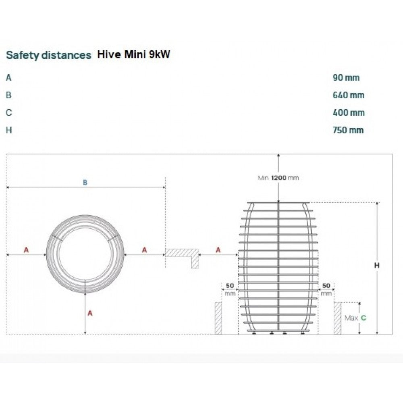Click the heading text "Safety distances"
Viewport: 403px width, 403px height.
tap(49, 55)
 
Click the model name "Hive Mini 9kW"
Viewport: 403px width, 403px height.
tap(134, 54)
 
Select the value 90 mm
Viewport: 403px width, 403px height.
tap(346, 78)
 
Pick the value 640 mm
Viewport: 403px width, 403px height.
tap(349, 95)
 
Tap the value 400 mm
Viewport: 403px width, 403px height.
tap(349, 112)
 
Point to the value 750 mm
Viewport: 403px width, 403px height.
tap(348, 130)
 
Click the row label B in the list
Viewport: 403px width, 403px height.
tap(8, 95)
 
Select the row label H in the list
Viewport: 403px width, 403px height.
tap(9, 130)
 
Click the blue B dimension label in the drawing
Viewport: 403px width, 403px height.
tap(85, 183)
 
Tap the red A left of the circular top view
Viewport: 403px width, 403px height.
tap(26, 250)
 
